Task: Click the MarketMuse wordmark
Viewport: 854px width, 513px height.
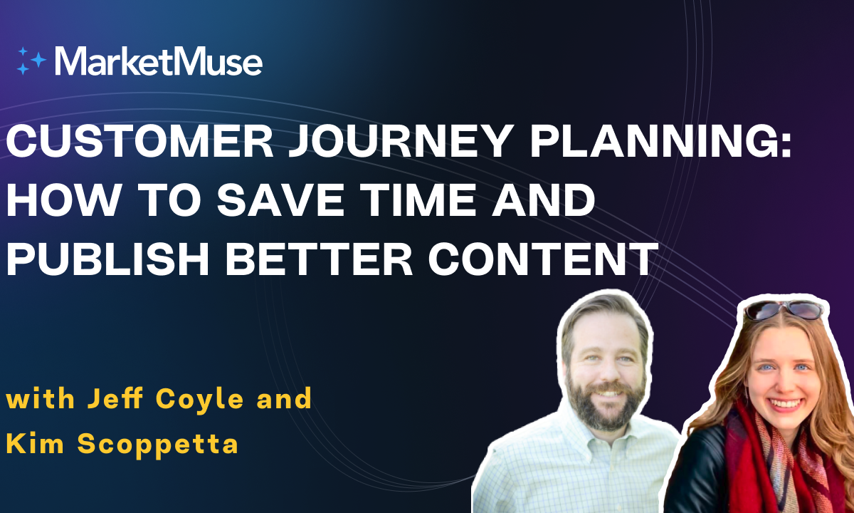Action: (159, 61)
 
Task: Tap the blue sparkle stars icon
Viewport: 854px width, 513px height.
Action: (31, 61)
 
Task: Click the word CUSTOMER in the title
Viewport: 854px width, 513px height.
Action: (139, 141)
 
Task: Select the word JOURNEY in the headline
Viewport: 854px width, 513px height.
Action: (399, 141)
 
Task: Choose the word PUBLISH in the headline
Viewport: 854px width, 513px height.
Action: (107, 258)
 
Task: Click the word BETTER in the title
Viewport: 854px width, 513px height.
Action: (319, 258)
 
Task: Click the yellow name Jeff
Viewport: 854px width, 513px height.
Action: (115, 398)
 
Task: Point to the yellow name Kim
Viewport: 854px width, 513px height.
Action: (35, 442)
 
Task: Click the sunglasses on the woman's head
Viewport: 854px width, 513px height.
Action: (784, 310)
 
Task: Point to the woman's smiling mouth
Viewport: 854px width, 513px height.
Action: (783, 404)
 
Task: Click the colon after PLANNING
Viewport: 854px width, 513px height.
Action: (786, 145)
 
